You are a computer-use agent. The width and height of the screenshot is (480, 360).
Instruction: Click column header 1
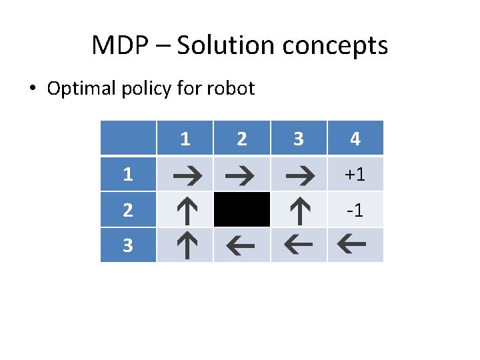click(185, 139)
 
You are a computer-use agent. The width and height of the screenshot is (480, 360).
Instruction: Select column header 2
click(242, 139)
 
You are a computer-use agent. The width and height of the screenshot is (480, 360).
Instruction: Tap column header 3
click(299, 139)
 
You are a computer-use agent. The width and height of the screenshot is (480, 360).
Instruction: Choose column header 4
click(355, 139)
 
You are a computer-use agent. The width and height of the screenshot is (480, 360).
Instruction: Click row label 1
click(128, 175)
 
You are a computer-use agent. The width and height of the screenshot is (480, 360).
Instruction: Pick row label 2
click(128, 211)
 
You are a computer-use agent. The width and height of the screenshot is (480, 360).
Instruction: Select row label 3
click(128, 246)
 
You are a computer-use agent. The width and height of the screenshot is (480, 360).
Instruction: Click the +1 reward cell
click(355, 175)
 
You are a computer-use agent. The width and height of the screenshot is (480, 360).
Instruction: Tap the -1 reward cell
click(355, 211)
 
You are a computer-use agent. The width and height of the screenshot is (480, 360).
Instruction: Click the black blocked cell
click(242, 210)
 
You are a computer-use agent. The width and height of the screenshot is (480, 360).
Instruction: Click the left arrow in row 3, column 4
click(355, 245)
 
